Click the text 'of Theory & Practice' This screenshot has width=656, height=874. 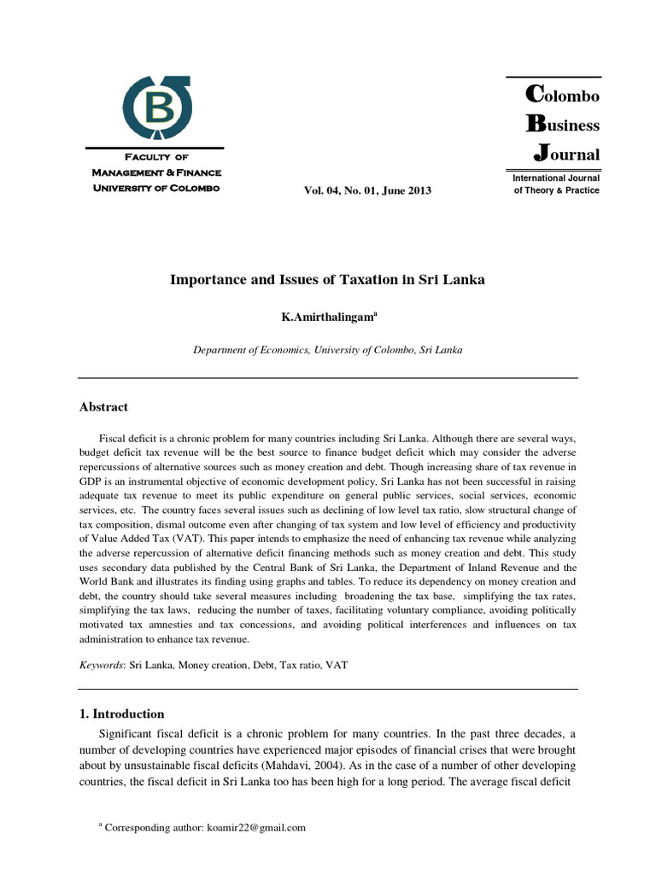556,190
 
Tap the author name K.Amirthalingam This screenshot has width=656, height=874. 327,318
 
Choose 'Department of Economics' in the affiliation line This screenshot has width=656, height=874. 248,350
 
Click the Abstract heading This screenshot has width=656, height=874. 103,407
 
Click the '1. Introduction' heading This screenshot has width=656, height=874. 121,714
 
